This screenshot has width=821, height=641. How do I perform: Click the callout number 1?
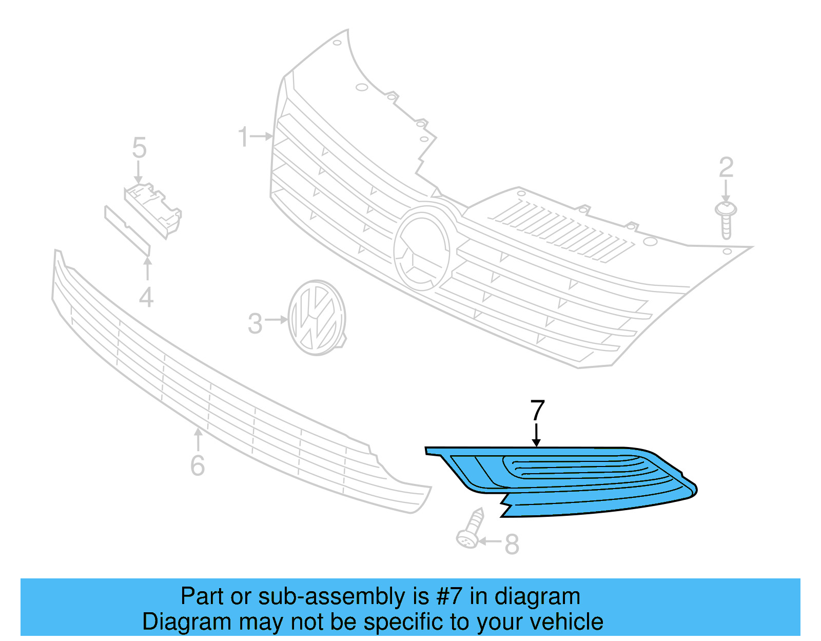coord(243,137)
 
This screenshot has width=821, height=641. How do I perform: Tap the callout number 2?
coord(726,167)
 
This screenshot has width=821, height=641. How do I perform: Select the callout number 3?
coord(255,324)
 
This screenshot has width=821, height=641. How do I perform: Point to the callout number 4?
coord(147,298)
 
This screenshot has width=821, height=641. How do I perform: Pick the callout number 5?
coord(139,148)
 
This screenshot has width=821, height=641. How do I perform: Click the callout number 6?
coord(198,465)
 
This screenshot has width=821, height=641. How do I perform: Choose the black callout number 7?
coord(537,410)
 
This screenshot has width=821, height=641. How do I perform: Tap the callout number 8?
coord(512,545)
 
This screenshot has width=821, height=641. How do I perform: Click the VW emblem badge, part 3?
coord(317,318)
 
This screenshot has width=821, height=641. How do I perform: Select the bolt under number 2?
coord(726,220)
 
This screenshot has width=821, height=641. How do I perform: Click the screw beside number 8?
coord(471,529)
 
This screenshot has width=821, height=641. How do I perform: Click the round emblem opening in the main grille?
coord(422,250)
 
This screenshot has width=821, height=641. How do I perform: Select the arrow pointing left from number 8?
coord(490,541)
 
